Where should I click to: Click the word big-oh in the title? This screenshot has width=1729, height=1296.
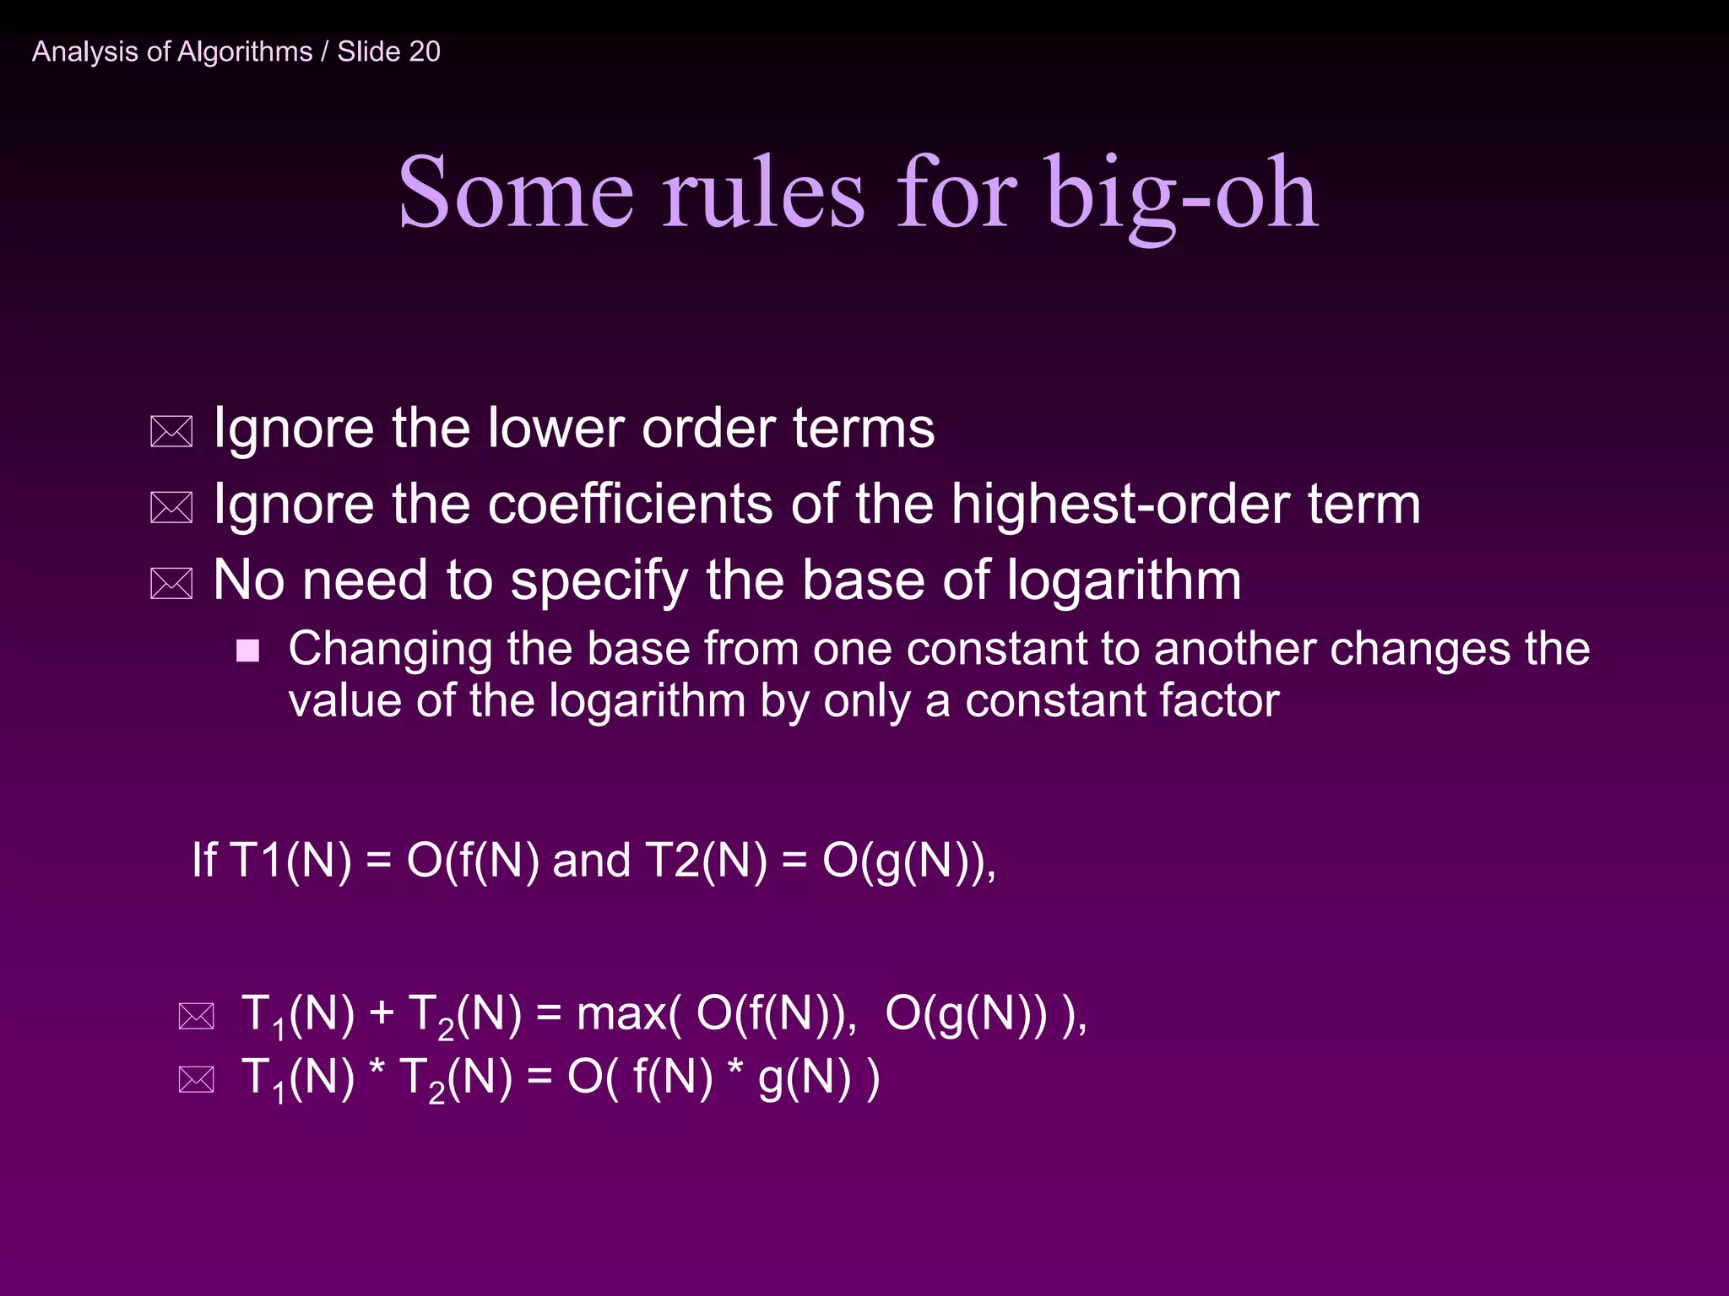(1181, 194)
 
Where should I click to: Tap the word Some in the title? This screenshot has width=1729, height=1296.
(515, 194)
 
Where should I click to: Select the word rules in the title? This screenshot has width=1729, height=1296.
(762, 194)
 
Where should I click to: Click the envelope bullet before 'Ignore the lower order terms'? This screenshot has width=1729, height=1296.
(171, 431)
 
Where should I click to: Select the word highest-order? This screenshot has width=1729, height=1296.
(1120, 505)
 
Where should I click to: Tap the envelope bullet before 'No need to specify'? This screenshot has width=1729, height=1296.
(171, 583)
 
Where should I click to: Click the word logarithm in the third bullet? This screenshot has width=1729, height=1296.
(1124, 581)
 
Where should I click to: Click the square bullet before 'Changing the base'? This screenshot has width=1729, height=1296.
(247, 651)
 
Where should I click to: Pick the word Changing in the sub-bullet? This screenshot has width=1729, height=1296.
(390, 650)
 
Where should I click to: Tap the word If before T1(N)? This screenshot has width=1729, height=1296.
(203, 860)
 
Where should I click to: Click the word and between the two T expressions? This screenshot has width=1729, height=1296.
(591, 860)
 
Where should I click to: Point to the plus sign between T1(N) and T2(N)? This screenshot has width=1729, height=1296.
(382, 1012)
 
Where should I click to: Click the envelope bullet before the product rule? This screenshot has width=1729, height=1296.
(197, 1079)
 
